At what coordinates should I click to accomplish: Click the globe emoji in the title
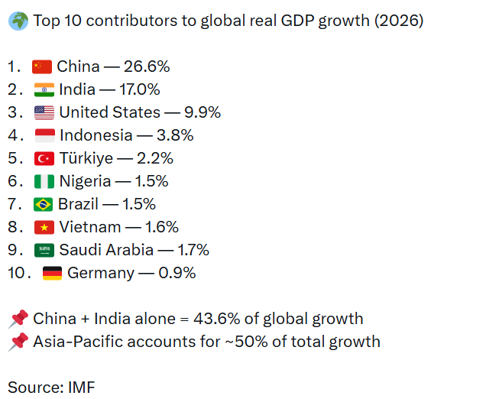[x=18, y=21]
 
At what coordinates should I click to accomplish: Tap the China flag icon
[x=42, y=67]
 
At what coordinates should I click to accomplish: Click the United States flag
[x=44, y=113]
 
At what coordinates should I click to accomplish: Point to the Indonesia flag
[x=45, y=136]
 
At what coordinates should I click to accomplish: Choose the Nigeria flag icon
[x=44, y=182]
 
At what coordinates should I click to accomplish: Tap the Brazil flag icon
[x=43, y=205]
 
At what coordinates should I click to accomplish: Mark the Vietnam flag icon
[x=44, y=228]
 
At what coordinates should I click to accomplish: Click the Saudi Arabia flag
[x=44, y=251]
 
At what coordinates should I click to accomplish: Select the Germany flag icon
[x=52, y=274]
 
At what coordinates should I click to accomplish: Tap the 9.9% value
[x=202, y=113]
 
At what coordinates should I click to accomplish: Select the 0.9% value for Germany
[x=177, y=274]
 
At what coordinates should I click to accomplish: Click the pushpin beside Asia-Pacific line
[x=18, y=342]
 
